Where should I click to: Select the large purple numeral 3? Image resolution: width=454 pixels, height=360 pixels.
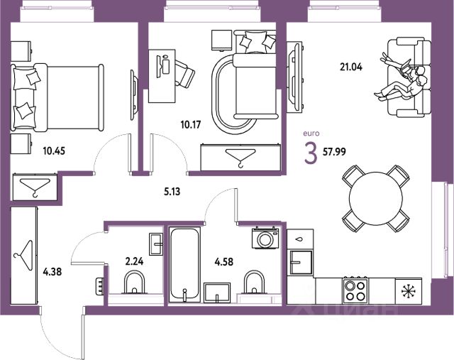pyautogui.click(x=310, y=153)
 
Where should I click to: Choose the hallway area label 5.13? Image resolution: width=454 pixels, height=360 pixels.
pyautogui.click(x=168, y=190)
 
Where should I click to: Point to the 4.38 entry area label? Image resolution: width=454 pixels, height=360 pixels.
pyautogui.click(x=54, y=270)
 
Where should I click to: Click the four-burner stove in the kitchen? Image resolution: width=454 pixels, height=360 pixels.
pyautogui.click(x=354, y=290)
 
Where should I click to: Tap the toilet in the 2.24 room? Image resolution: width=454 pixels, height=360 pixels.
pyautogui.click(x=134, y=285)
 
